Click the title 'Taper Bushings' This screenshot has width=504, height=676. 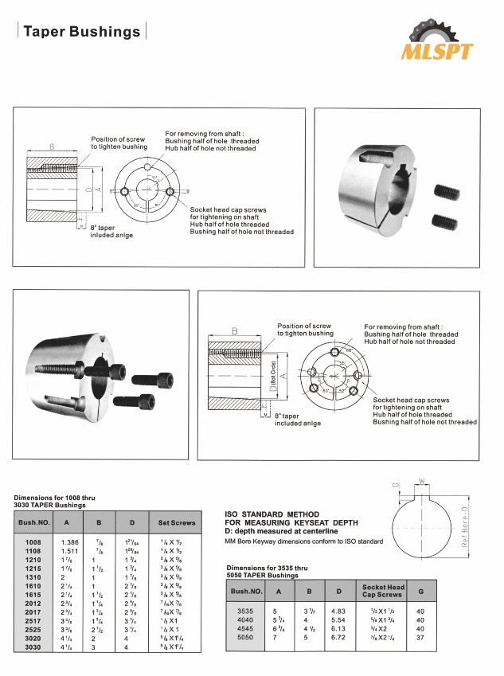tap(81, 32)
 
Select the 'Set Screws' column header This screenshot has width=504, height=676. tap(178, 523)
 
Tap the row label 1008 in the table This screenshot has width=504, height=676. tap(33, 541)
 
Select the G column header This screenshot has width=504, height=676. tap(420, 592)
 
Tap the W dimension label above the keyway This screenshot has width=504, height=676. tap(424, 480)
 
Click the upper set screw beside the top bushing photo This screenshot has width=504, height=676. tap(447, 192)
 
